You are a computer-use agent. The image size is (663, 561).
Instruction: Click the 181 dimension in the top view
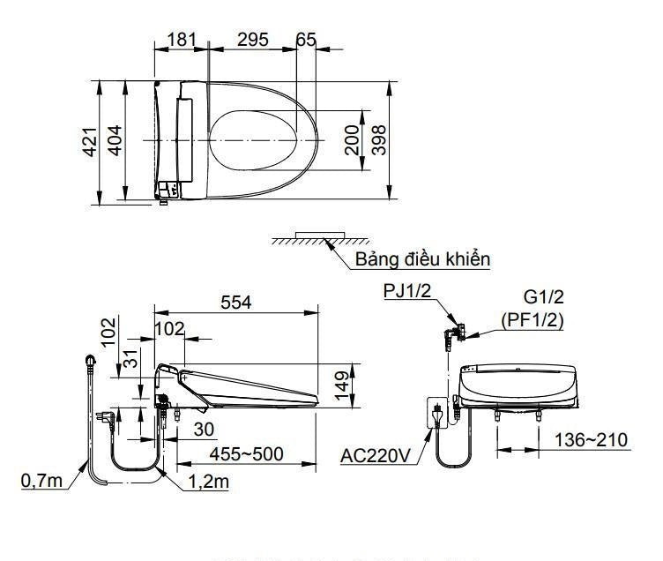(x=179, y=40)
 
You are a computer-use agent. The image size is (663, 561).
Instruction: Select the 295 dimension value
(x=252, y=40)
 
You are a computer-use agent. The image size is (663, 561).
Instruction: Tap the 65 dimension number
(x=306, y=40)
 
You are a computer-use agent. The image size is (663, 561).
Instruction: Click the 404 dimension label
(x=115, y=141)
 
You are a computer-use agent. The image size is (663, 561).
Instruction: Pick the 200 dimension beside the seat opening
(x=353, y=140)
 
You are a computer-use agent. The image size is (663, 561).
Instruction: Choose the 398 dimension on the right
(x=379, y=140)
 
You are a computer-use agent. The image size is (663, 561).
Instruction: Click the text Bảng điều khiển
(x=422, y=259)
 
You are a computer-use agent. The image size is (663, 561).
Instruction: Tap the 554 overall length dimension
(x=235, y=302)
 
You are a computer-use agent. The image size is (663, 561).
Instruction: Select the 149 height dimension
(x=341, y=385)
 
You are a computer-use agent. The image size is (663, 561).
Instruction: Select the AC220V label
(x=376, y=456)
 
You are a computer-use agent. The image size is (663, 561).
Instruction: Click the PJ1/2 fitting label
(x=406, y=292)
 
